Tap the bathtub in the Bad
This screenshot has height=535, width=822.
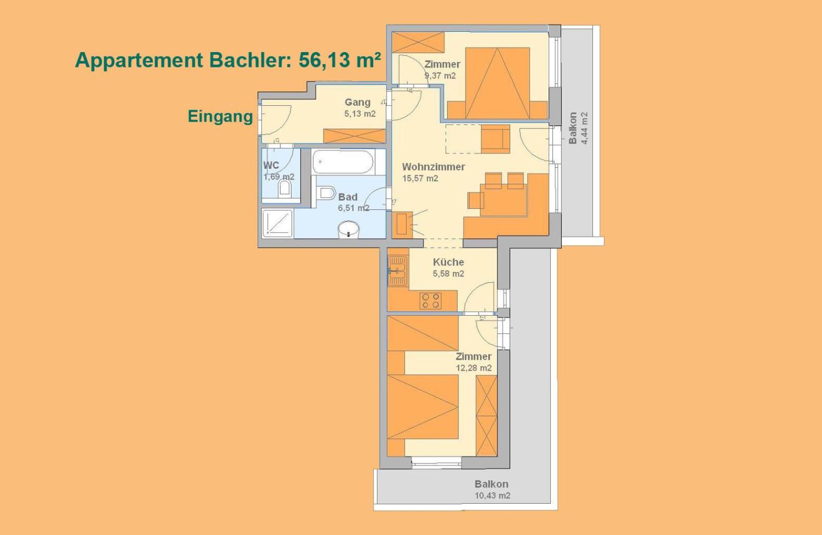[343, 161]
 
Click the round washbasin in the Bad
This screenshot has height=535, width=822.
[348, 230]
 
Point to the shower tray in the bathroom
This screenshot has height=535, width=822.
[278, 223]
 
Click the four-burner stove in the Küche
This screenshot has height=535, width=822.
[431, 301]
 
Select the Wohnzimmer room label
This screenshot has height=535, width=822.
[433, 167]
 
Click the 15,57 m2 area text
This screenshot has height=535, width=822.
[420, 179]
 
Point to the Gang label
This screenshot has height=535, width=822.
[357, 103]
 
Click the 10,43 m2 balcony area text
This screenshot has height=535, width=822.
[492, 496]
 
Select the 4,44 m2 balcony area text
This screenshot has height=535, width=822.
[584, 128]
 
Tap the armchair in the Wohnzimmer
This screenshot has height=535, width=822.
[495, 139]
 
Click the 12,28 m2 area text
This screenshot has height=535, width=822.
[474, 368]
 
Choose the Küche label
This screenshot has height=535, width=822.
[449, 263]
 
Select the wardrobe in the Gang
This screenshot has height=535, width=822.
[354, 136]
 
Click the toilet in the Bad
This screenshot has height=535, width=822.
[327, 193]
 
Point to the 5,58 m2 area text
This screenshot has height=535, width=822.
[449, 273]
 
